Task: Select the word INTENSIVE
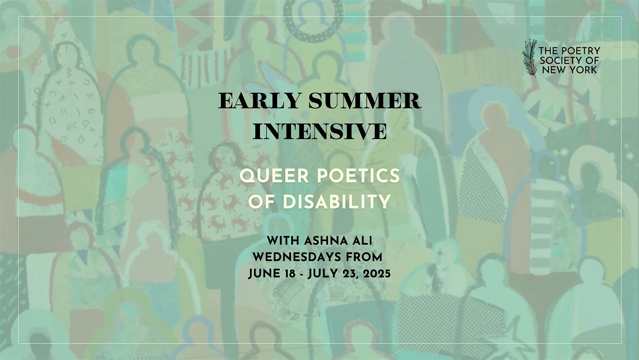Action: point(320,131)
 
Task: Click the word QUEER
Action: point(274,176)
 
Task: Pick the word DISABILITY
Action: point(337,202)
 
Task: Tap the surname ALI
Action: point(362,241)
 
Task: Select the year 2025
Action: point(376,274)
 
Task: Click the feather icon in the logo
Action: point(529,58)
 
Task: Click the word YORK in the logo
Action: point(584,70)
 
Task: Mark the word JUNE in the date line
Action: point(264,274)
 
